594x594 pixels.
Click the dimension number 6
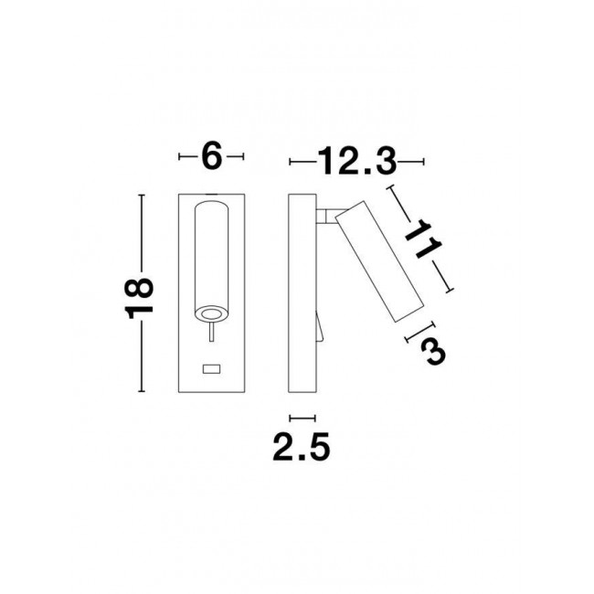click(x=211, y=157)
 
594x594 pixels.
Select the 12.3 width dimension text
click(x=356, y=162)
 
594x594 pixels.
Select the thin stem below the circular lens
click(x=211, y=337)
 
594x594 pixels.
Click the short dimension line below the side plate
click(x=302, y=414)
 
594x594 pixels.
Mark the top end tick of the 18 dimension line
click(x=141, y=195)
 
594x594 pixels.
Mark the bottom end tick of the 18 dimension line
click(x=141, y=390)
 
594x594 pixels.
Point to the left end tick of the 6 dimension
click(x=179, y=157)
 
